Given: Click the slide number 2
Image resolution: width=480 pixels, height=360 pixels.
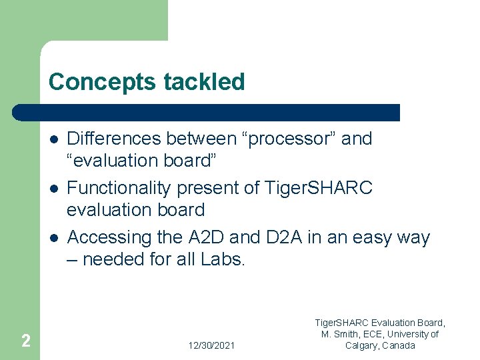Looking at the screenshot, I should pos(25,341).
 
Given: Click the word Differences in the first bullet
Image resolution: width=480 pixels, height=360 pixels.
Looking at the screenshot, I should pos(114,139).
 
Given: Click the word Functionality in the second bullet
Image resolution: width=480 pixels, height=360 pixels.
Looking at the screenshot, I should pos(120,188).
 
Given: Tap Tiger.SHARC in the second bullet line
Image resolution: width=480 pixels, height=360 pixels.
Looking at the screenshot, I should pos(319,188).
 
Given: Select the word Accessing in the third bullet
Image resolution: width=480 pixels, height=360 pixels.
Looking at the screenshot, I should pos(110,237).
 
